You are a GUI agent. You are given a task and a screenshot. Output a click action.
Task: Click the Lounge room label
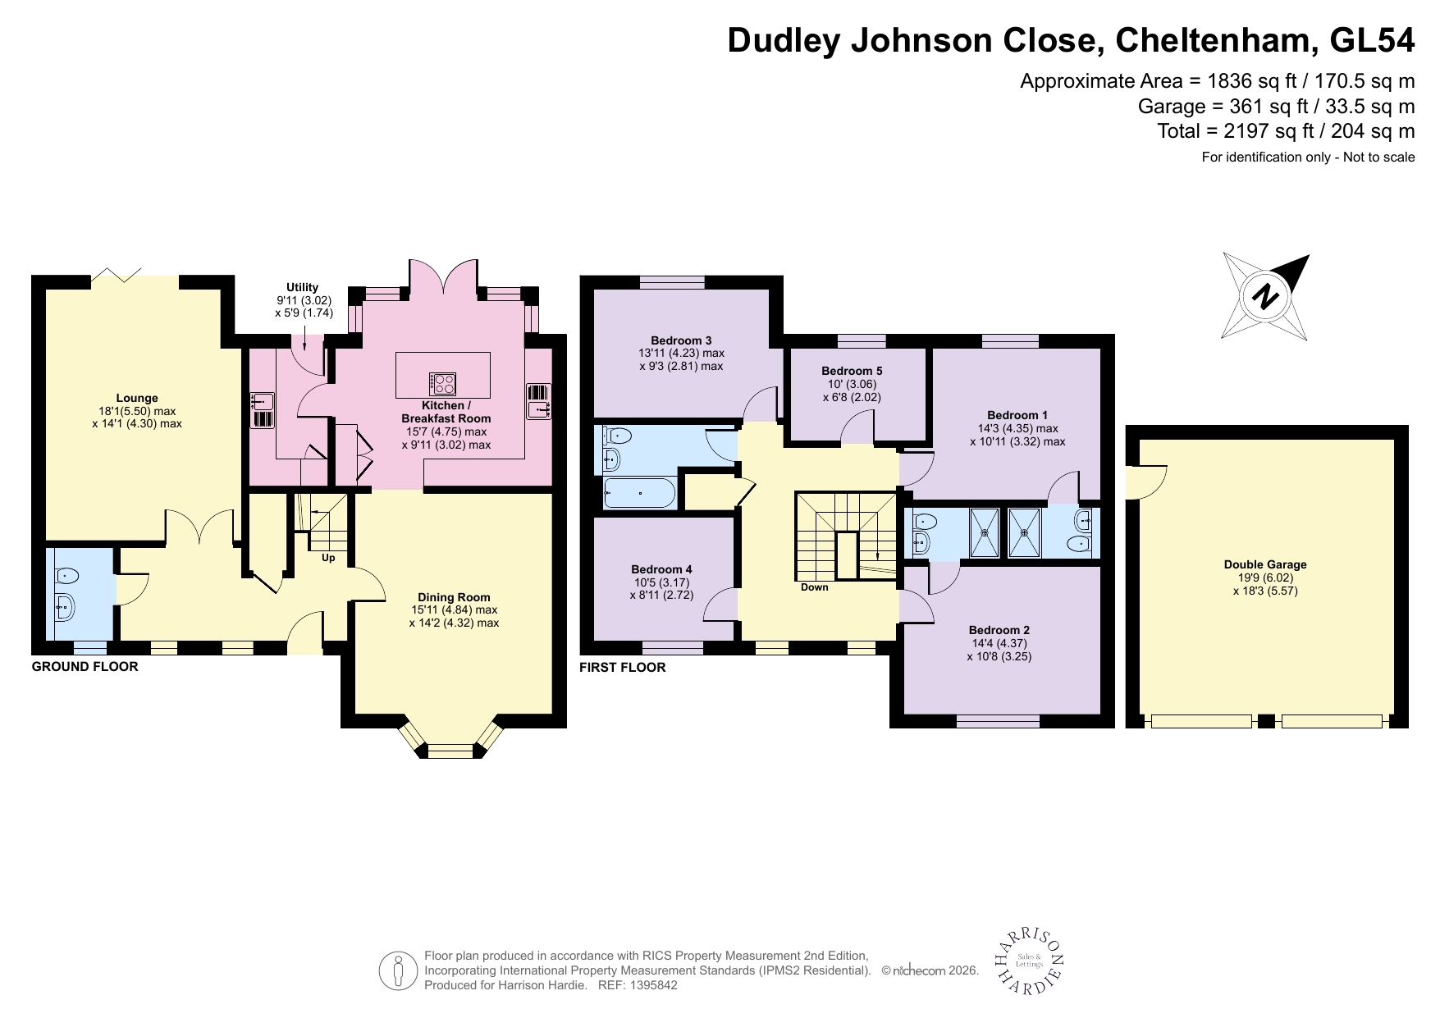click(x=136, y=398)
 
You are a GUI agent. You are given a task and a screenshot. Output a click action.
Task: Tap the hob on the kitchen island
click(x=443, y=383)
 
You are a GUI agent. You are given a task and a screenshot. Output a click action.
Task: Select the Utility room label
click(x=303, y=287)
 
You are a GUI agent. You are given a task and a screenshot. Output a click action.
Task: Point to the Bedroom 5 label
click(x=851, y=371)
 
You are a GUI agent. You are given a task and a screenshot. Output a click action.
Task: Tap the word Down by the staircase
click(x=814, y=587)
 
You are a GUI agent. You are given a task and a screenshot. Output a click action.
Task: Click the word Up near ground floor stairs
click(x=328, y=559)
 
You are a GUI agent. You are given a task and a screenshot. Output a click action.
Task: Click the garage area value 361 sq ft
click(x=1263, y=106)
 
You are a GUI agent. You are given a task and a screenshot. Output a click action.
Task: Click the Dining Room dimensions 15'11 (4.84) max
click(x=454, y=610)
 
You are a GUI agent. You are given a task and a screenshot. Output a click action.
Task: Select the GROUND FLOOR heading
click(x=85, y=667)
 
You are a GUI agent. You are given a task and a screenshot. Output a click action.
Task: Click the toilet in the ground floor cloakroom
click(x=64, y=575)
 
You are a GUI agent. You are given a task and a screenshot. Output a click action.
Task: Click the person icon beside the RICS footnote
click(x=398, y=970)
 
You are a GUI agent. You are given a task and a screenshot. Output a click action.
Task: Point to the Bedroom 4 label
click(x=661, y=569)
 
